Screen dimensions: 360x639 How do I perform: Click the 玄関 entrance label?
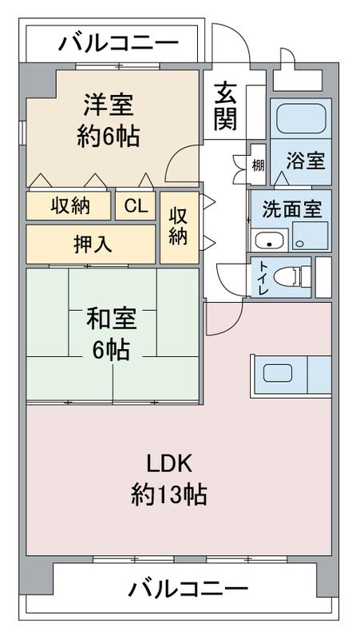(225, 106)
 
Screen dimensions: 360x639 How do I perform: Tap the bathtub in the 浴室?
(301, 117)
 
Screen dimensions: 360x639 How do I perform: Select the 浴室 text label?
(306, 161)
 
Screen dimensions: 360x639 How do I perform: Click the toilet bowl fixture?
(291, 276)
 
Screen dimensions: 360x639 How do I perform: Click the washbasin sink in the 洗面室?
(269, 240)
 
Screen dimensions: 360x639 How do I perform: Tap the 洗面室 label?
(291, 209)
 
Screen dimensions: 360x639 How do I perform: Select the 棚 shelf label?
(257, 165)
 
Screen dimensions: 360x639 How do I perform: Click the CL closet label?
(136, 207)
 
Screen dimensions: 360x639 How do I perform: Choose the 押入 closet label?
(92, 244)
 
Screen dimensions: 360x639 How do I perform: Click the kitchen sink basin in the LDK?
(277, 373)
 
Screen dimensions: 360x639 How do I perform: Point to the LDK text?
(169, 464)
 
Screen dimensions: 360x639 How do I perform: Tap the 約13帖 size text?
(168, 494)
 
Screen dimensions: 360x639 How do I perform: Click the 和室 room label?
(111, 319)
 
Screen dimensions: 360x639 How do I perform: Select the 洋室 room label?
(109, 105)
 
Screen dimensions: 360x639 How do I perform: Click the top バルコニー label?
(118, 43)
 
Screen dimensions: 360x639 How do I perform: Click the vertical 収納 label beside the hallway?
(178, 226)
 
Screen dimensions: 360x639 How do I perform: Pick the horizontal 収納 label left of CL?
(70, 206)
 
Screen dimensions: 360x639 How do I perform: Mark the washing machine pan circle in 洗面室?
(300, 244)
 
